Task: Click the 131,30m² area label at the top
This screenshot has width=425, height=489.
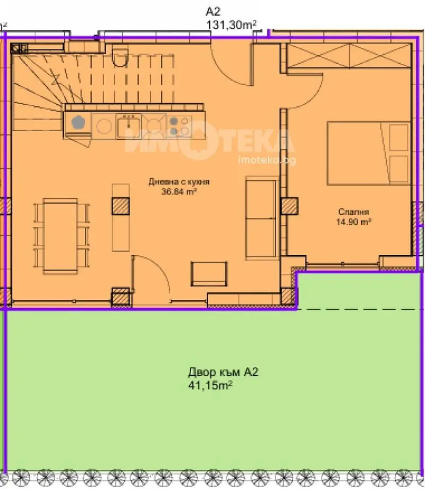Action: tap(232, 24)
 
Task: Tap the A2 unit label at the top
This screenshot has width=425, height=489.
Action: tap(213, 12)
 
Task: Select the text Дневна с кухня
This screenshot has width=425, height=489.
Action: tap(178, 182)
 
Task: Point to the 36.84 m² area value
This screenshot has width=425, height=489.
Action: tap(178, 191)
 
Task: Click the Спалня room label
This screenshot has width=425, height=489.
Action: tap(354, 212)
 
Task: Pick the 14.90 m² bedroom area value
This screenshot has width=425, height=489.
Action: tap(354, 222)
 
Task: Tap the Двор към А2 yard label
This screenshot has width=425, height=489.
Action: tap(223, 372)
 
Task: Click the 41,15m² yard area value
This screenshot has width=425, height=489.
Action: tap(210, 385)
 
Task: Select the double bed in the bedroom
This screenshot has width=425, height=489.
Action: tap(369, 153)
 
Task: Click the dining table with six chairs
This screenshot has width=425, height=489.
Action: tap(61, 236)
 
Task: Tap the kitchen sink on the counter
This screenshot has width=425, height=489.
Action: tap(129, 125)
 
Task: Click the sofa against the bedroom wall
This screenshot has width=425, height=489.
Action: tap(262, 218)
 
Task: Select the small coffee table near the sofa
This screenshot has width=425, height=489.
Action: tap(209, 274)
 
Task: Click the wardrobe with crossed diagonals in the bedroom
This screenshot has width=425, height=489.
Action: tap(349, 55)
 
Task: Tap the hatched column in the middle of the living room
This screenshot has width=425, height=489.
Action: tap(121, 206)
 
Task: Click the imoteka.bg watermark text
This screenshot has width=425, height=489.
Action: tap(267, 160)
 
